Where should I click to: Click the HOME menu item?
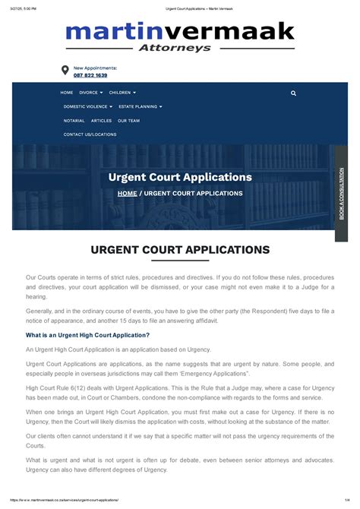pyautogui.click(x=67, y=93)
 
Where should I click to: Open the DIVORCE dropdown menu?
pyautogui.click(x=90, y=93)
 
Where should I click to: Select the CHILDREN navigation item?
pyautogui.click(x=122, y=93)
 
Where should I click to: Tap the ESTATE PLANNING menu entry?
pyautogui.click(x=140, y=106)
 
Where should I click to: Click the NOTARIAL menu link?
pyautogui.click(x=74, y=120)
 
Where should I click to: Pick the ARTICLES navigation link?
pyautogui.click(x=101, y=120)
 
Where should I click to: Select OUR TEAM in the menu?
pyautogui.click(x=128, y=120)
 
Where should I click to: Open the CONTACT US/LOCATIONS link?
pyautogui.click(x=90, y=134)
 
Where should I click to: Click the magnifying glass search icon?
pyautogui.click(x=293, y=93)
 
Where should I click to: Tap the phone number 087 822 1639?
pyautogui.click(x=90, y=75)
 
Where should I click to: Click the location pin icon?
pyautogui.click(x=65, y=71)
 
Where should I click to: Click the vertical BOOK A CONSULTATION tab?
pyautogui.click(x=341, y=194)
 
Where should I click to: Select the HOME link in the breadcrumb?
pyautogui.click(x=127, y=193)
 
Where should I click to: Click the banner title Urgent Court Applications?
pyautogui.click(x=180, y=177)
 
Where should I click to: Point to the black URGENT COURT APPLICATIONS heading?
pyautogui.click(x=180, y=249)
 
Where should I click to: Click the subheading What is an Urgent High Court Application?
pyautogui.click(x=87, y=335)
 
